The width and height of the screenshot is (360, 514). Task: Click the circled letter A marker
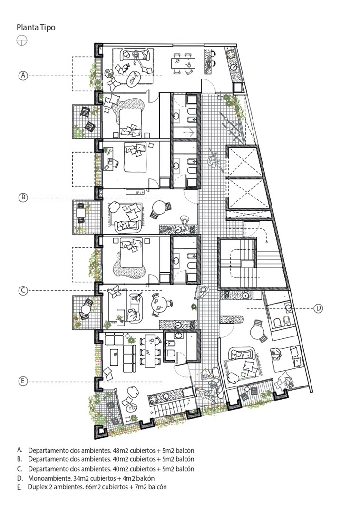[x=23, y=75]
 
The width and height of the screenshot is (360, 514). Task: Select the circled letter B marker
[x=23, y=198]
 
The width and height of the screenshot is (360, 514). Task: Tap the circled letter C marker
[x=23, y=290]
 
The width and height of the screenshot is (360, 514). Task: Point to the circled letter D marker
[x=319, y=308]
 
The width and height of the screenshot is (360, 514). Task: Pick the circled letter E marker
[x=23, y=381]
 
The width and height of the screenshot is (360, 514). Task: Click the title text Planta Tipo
[x=36, y=28]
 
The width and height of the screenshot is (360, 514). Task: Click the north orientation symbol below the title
[x=22, y=40]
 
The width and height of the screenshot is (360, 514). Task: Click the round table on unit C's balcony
[x=86, y=309]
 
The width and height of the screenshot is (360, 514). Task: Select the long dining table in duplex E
[x=150, y=350]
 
